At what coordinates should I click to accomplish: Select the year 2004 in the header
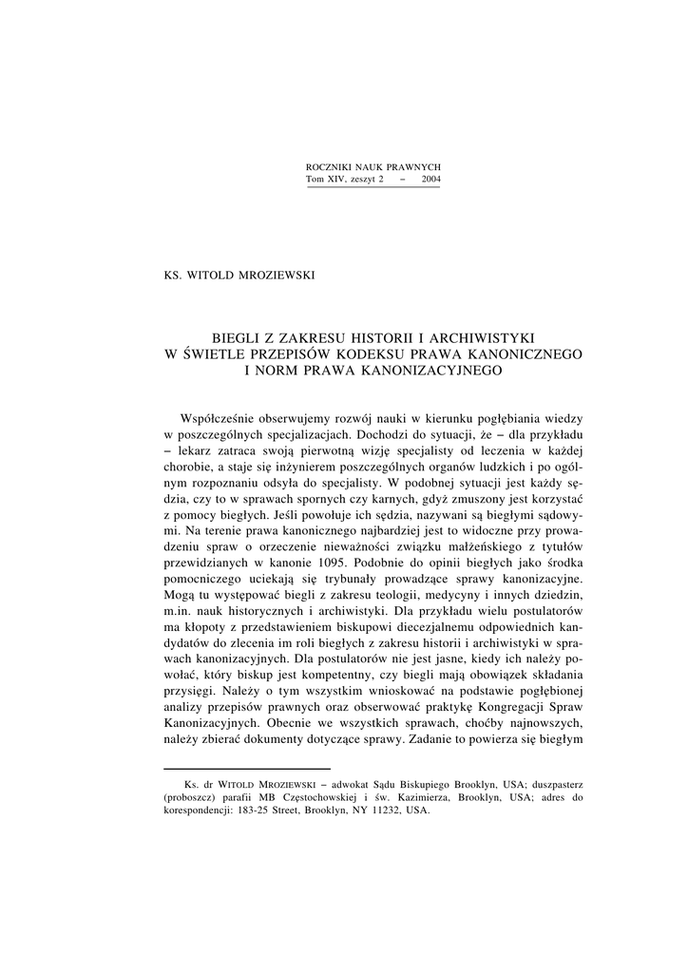point(430,179)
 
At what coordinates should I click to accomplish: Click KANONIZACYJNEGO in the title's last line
point(431,370)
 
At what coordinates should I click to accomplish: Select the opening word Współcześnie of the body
point(220,418)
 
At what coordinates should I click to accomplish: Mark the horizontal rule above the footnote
point(247,768)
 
